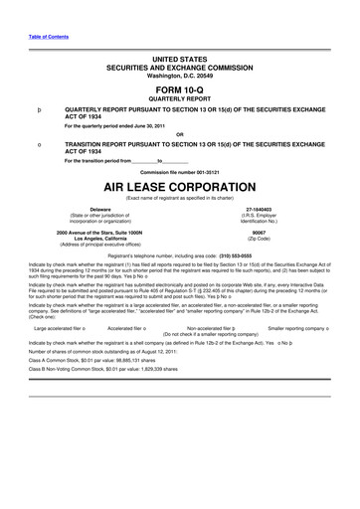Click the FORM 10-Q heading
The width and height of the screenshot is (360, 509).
pos(179,89)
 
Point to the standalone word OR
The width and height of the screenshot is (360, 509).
pos(179,134)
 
